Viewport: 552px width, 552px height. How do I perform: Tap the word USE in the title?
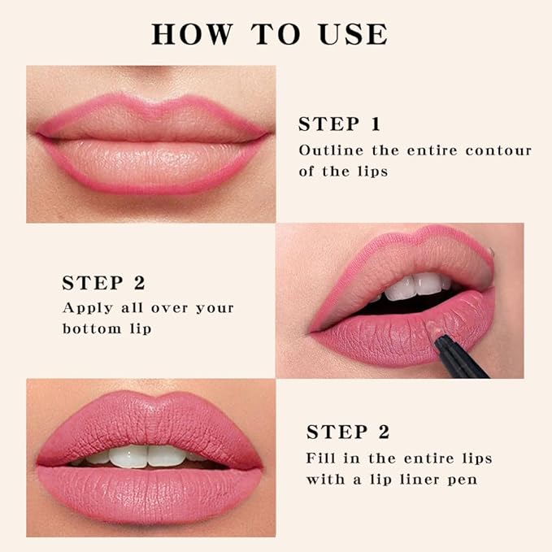354,34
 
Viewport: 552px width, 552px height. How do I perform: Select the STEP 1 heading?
339,124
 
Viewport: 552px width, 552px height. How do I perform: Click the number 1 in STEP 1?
374,124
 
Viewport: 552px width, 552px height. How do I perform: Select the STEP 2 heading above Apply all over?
103,283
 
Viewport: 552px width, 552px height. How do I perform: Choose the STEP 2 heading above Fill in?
347,432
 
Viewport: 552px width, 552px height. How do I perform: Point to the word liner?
413,479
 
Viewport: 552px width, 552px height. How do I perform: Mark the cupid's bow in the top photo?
150,106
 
